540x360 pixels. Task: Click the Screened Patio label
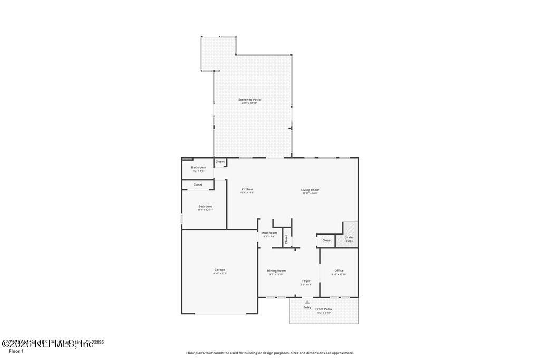click(x=249, y=100)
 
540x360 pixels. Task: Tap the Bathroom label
click(x=199, y=168)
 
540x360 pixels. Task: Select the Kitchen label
click(x=247, y=189)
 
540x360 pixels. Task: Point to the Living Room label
click(x=310, y=190)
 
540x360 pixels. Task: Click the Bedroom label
click(x=205, y=206)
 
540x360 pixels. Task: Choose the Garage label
click(x=219, y=270)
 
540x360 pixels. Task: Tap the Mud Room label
click(x=269, y=233)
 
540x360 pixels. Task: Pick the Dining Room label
click(x=276, y=271)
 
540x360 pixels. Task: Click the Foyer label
click(x=306, y=281)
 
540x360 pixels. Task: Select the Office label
click(x=339, y=271)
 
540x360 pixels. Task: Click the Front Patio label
click(x=324, y=309)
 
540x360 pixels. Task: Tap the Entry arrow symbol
click(x=307, y=302)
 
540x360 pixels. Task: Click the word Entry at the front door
click(x=307, y=307)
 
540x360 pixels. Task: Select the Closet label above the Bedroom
click(x=198, y=185)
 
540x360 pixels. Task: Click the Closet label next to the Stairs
click(x=327, y=240)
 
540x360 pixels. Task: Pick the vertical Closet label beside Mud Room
click(x=286, y=239)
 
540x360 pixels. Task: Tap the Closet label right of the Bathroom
click(x=220, y=162)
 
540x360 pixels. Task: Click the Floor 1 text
click(x=16, y=351)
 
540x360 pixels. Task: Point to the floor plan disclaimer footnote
click(x=269, y=353)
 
